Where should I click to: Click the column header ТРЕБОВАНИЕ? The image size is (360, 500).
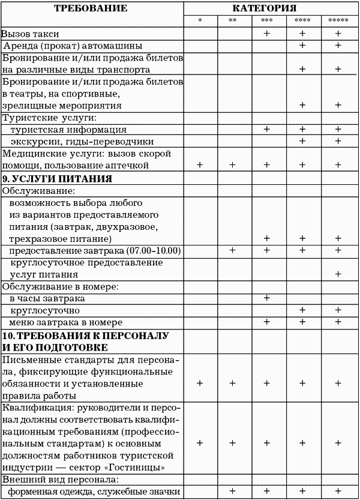click(x=91, y=8)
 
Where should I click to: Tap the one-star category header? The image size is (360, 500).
click(x=200, y=22)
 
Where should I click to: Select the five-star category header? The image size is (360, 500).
click(x=338, y=22)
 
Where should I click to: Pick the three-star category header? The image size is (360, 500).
click(x=267, y=22)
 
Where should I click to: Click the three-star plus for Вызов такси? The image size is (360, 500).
click(x=267, y=34)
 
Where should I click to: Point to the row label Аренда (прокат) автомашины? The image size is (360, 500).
click(x=73, y=46)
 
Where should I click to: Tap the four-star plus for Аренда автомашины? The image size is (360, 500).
click(x=302, y=46)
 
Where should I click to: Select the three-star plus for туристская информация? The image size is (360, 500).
click(x=267, y=130)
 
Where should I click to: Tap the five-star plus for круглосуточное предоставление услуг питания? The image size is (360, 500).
click(x=338, y=274)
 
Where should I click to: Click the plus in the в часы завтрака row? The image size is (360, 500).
click(x=267, y=298)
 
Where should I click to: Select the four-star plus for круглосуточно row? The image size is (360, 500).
click(x=302, y=310)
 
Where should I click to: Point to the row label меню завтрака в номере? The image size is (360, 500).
click(x=66, y=322)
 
